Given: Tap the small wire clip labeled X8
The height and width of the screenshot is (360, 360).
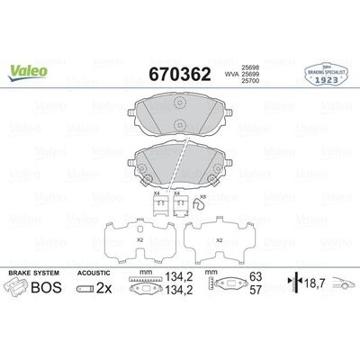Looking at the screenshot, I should (x=202, y=209).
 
